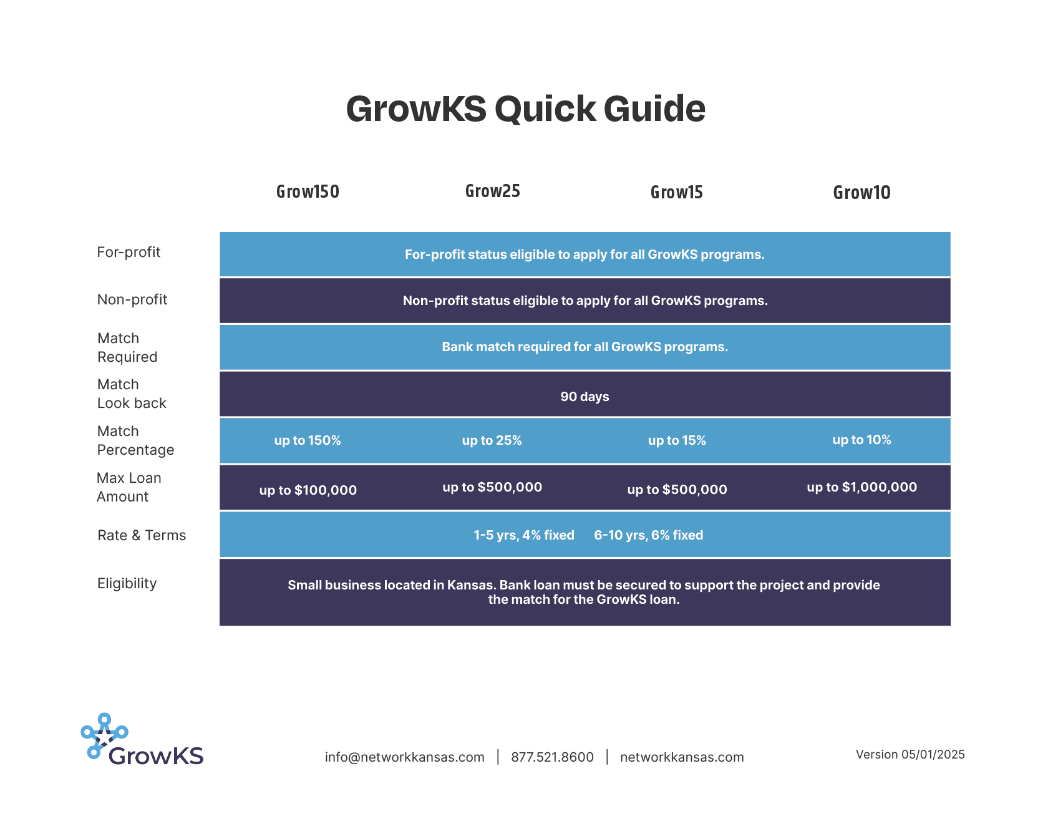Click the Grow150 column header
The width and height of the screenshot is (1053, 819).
pos(308,191)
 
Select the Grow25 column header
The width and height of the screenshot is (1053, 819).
pos(492,191)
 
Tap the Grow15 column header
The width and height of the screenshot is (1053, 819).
pos(676,192)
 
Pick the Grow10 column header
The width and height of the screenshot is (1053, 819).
pos(861,193)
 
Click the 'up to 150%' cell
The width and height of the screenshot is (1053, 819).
pos(308,440)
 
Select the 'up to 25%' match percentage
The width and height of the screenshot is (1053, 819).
pos(492,440)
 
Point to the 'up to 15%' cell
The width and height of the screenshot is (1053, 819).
pos(677,440)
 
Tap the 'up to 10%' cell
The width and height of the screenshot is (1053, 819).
pos(861,440)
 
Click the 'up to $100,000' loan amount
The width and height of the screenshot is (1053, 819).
pos(308,490)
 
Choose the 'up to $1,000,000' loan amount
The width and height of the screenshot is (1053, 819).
pos(861,487)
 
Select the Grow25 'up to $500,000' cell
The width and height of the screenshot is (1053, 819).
pos(492,487)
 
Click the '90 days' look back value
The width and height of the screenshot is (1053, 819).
pos(585,397)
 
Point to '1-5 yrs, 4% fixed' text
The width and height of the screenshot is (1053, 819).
pos(523,535)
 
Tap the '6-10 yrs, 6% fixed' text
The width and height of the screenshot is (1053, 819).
pos(648,535)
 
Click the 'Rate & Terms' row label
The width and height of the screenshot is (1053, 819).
pos(142,535)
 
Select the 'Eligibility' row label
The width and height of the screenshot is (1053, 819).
pos(127,584)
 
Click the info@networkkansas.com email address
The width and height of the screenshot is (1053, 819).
pos(404,757)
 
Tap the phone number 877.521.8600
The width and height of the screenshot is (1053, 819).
pos(552,757)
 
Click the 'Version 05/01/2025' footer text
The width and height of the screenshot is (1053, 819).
pos(910,755)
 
